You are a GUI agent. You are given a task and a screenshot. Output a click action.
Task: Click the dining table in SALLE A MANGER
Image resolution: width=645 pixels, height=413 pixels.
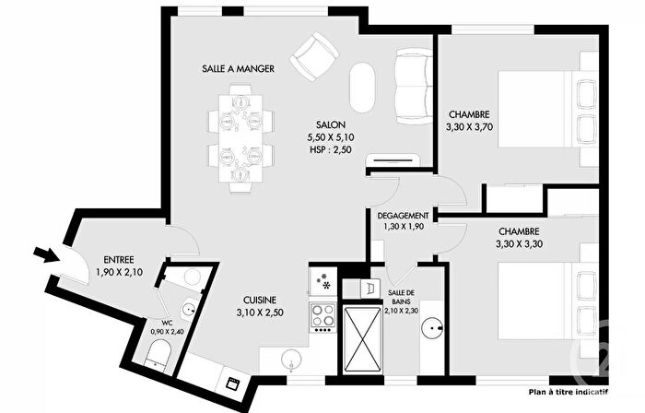pos(240,137)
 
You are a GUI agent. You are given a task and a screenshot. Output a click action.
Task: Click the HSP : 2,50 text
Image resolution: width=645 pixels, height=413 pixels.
pos(330,149)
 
